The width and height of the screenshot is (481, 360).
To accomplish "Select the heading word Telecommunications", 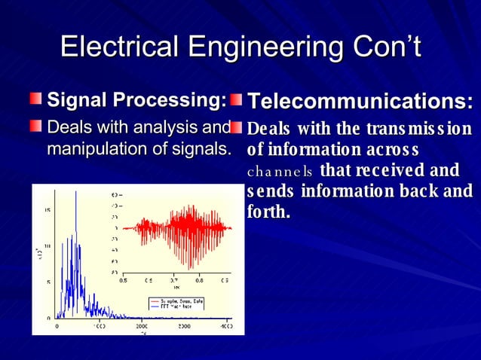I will click(360, 102).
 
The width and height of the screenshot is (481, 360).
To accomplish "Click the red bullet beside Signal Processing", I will click(37, 100).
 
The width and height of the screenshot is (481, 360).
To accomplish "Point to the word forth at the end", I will click(268, 212).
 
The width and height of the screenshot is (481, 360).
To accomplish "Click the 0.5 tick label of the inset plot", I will click(123, 279).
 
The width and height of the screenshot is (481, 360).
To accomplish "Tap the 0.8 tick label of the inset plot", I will click(199, 279).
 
